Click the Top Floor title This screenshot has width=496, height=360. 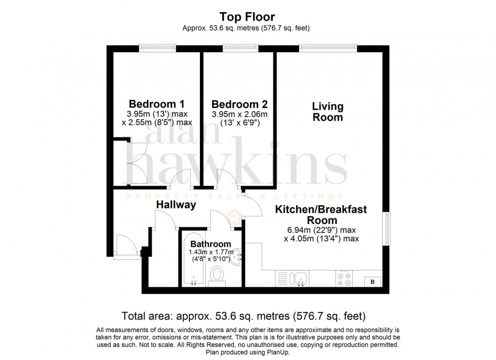click(247, 17)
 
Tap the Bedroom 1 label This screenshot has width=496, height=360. click(156, 104)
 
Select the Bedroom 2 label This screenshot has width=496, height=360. click(239, 104)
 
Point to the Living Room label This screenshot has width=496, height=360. click(328, 112)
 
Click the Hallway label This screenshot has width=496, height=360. click(176, 204)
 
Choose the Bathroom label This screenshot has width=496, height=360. click(211, 244)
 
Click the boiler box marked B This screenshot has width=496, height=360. click(373, 282)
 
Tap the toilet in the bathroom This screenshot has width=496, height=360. click(217, 276)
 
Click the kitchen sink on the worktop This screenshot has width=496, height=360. click(299, 279)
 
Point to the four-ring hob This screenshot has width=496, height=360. click(344, 279)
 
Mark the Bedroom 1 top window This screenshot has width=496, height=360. click(157, 48)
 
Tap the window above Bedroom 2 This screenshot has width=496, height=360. click(240, 48)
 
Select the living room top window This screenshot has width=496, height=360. click(328, 48)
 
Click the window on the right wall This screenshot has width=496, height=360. click(387, 228)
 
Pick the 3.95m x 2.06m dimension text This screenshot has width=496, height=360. click(239, 114)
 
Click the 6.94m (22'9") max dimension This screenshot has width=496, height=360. click(321, 230)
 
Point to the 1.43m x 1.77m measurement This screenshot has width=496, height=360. click(211, 252)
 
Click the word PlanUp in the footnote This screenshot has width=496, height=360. click(278, 352)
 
